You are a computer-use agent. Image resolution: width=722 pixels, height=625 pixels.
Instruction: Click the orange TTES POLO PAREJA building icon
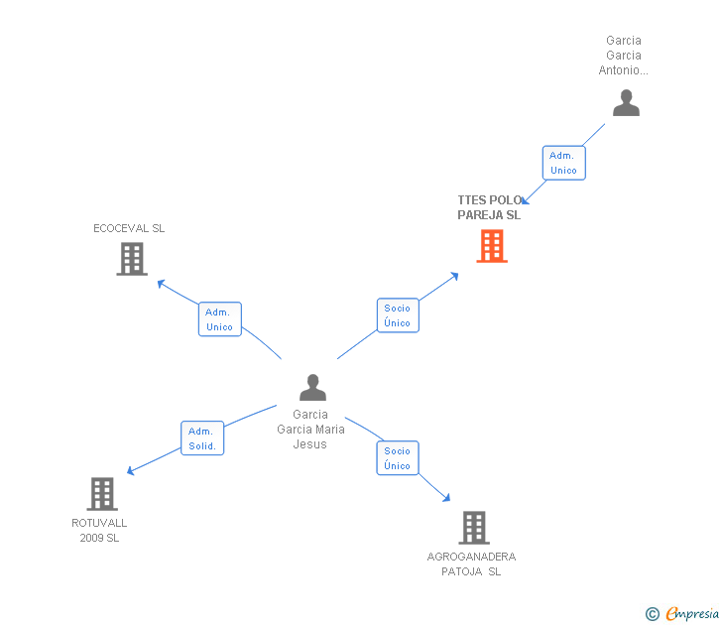click(x=492, y=246)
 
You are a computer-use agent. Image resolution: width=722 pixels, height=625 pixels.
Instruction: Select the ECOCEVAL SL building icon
click(x=131, y=259)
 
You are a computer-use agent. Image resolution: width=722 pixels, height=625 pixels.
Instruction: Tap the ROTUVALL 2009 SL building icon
click(x=102, y=494)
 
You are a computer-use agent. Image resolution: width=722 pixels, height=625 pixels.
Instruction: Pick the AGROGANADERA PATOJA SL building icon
click(x=474, y=528)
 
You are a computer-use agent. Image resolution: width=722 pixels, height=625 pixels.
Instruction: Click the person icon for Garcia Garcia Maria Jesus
click(x=312, y=388)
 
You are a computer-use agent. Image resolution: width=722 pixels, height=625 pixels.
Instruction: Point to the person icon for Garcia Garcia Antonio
click(x=626, y=103)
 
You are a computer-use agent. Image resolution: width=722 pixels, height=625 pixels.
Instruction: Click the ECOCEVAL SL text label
click(x=129, y=228)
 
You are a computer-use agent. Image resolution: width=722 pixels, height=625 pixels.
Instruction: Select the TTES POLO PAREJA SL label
click(x=489, y=207)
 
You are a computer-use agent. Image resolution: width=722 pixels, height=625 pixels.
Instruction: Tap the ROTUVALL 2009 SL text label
click(x=99, y=530)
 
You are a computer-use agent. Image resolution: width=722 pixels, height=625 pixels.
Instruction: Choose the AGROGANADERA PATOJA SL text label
click(x=472, y=563)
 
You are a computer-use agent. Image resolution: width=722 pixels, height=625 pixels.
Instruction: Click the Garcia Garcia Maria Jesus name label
click(x=310, y=430)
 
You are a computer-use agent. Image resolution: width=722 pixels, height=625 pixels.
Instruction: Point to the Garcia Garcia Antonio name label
click(x=624, y=56)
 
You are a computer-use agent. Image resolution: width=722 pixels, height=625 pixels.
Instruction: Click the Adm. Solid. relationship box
click(x=202, y=438)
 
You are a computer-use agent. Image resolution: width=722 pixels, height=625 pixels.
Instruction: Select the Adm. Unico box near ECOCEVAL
click(x=219, y=319)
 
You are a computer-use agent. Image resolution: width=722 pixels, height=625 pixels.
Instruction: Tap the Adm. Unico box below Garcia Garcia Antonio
click(x=563, y=163)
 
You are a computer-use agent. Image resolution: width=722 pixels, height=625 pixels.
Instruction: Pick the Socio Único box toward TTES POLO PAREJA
click(x=398, y=315)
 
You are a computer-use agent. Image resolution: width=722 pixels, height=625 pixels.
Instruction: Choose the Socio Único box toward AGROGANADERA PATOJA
click(x=398, y=458)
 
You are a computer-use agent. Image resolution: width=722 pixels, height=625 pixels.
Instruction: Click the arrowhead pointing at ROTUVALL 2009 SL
click(x=130, y=471)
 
